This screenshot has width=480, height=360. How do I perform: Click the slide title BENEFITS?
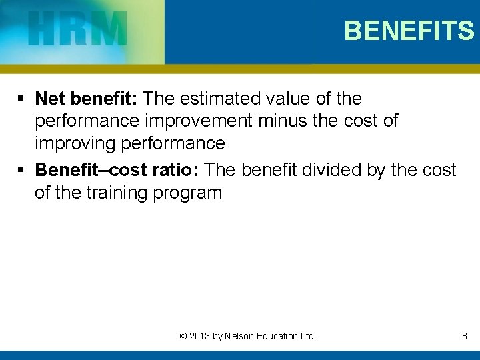[409, 31]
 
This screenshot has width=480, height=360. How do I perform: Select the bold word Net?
[49, 99]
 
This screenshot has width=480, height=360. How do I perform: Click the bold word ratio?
[175, 170]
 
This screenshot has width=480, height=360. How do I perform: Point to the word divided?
[331, 170]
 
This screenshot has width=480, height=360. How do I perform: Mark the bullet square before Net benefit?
[22, 99]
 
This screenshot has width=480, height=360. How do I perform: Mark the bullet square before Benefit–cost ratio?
[22, 171]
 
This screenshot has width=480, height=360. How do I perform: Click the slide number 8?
[464, 336]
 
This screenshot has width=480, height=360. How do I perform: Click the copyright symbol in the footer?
[183, 336]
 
